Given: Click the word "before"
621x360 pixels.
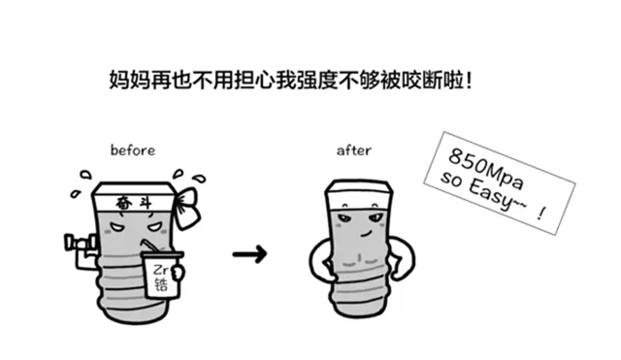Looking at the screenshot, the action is [x=133, y=150].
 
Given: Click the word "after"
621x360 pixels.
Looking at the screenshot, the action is [x=353, y=150].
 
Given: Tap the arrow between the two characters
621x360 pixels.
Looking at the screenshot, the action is [x=249, y=254].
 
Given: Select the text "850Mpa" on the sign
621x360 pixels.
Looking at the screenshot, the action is [x=486, y=170].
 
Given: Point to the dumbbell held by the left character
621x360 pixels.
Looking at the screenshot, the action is [x=81, y=242].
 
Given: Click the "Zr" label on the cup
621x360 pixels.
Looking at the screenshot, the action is [x=161, y=271].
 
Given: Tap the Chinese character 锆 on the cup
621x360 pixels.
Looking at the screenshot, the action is [x=161, y=284].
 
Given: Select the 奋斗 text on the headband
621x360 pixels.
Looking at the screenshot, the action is [x=134, y=204].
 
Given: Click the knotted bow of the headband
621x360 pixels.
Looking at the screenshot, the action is [x=188, y=208].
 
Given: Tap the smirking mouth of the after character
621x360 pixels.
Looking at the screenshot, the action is [x=366, y=234].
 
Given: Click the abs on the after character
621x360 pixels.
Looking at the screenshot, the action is [x=358, y=259].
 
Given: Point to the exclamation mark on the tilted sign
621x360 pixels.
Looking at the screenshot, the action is [x=541, y=214].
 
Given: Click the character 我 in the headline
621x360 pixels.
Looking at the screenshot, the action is [x=286, y=81].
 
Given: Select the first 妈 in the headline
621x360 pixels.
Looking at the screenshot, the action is [x=119, y=81].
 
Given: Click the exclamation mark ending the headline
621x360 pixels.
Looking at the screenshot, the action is [x=469, y=81].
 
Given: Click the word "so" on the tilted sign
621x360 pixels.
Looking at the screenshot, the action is [x=451, y=180].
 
